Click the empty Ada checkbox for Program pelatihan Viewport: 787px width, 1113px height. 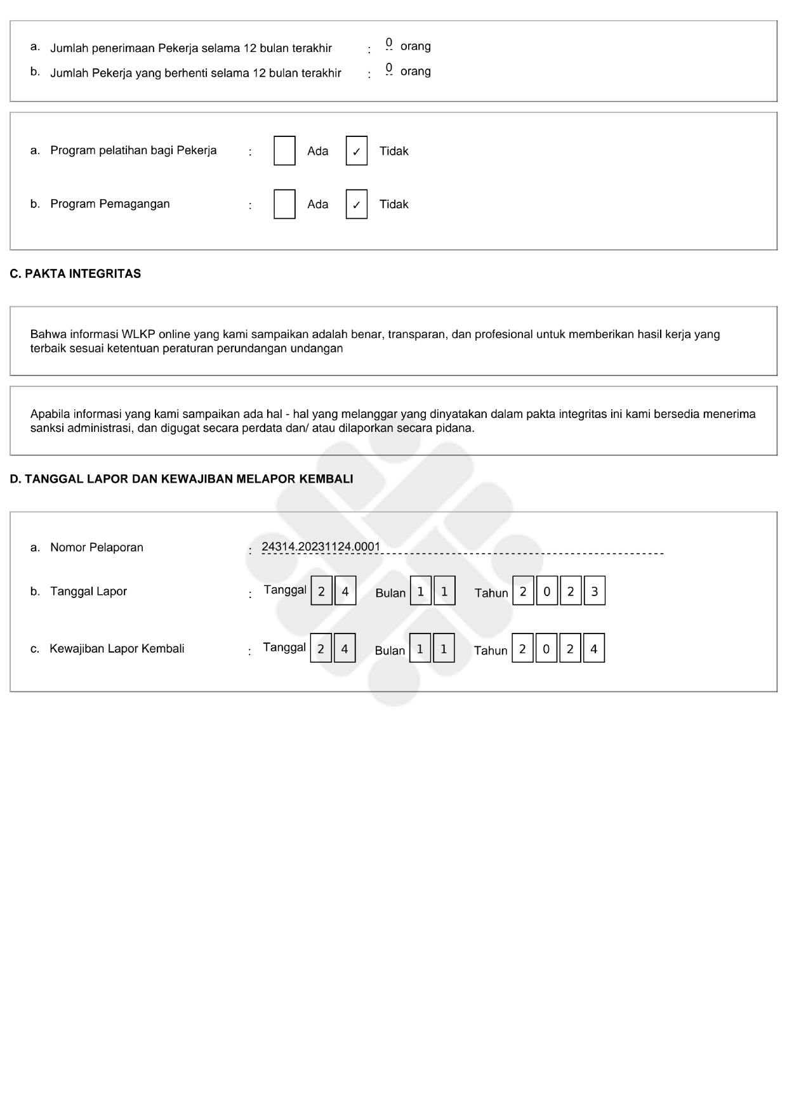[x=284, y=151]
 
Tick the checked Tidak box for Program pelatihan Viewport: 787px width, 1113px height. [x=357, y=151]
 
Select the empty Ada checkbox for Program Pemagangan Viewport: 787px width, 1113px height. [x=284, y=204]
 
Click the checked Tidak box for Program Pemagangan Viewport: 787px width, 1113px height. [x=357, y=204]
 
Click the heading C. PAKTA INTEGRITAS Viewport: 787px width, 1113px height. [x=76, y=274]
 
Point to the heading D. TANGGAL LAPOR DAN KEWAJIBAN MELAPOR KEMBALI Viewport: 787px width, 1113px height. [x=182, y=479]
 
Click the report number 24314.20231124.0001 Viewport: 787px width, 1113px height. [x=321, y=547]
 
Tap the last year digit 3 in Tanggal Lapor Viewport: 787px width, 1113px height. [x=594, y=592]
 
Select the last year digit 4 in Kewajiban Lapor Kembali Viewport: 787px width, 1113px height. [x=593, y=649]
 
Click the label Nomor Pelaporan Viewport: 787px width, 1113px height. [x=96, y=547]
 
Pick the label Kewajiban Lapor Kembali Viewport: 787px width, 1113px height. [x=117, y=649]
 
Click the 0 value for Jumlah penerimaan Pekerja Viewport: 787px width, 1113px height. [x=388, y=44]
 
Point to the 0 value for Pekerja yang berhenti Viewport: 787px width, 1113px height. [x=388, y=68]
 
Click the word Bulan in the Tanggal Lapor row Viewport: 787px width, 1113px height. [x=390, y=593]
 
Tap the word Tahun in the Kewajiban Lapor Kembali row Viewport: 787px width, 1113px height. [x=491, y=651]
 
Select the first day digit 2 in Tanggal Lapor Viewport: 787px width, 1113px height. [x=321, y=592]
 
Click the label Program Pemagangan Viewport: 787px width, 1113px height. [x=110, y=204]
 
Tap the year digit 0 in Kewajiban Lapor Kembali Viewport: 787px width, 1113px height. [x=546, y=649]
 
